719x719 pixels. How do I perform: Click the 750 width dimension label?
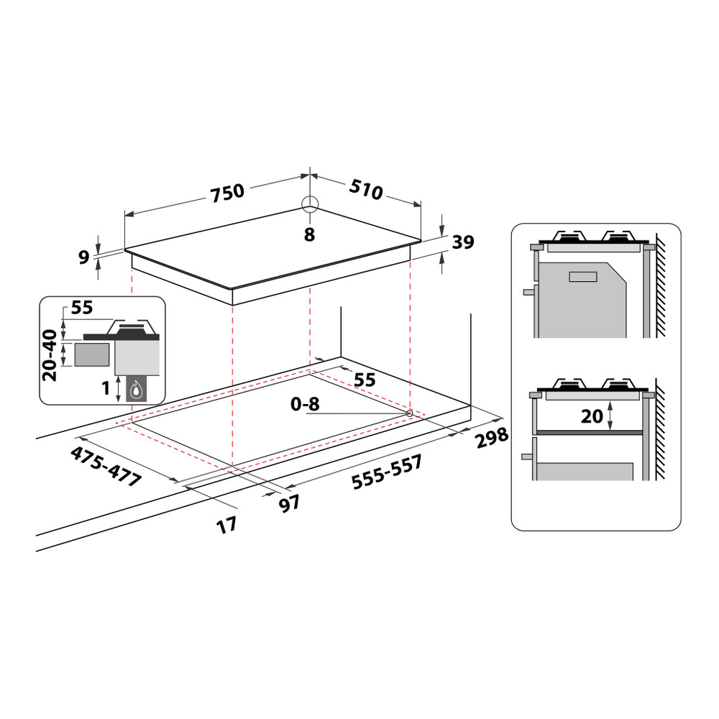(227, 192)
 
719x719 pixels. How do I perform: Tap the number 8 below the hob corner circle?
(309, 234)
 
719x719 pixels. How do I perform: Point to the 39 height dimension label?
(463, 243)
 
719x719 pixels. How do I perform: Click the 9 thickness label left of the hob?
(83, 255)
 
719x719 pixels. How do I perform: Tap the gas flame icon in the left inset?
(136, 390)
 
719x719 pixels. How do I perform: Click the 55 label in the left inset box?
(82, 308)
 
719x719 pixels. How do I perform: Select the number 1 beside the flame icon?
(106, 388)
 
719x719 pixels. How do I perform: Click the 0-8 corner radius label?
(304, 405)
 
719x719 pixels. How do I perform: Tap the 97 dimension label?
(289, 503)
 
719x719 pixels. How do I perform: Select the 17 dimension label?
(227, 525)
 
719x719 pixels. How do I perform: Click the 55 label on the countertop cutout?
(365, 380)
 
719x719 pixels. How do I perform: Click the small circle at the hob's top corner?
(309, 203)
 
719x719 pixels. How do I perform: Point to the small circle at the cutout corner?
(409, 413)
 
